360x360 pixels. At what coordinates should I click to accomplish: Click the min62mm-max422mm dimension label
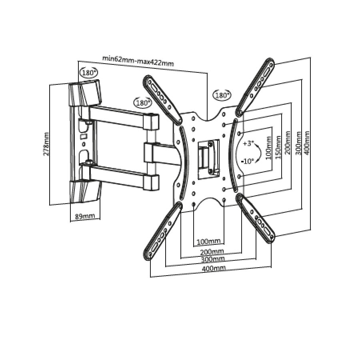[x=138, y=61]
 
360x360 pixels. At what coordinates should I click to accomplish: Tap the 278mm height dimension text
[x=46, y=144]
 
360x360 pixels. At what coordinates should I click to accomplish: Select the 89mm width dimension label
[x=85, y=216]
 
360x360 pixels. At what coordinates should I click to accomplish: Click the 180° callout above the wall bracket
[x=89, y=73]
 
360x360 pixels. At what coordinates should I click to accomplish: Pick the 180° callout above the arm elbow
[x=143, y=103]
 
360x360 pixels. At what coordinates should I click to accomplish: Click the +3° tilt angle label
[x=248, y=144]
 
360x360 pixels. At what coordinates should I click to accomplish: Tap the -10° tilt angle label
[x=248, y=161]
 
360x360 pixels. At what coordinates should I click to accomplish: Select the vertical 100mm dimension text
[x=268, y=148]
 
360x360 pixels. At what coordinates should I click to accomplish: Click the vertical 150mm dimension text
[x=278, y=147]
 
